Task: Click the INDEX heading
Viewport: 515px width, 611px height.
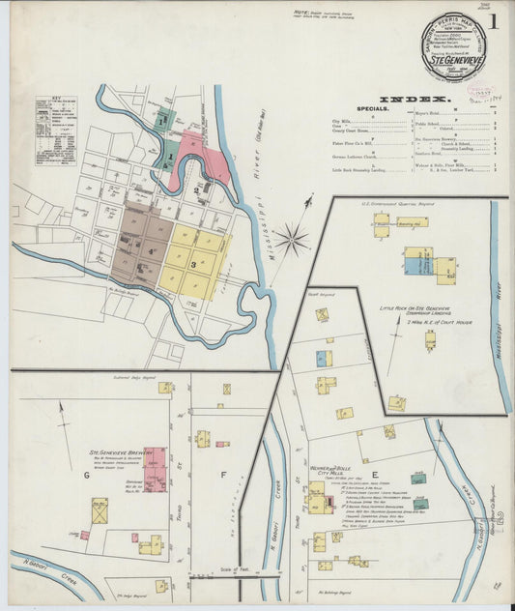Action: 415,100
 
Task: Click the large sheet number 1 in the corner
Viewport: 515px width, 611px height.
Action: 493,21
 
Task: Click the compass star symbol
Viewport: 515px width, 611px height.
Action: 293,237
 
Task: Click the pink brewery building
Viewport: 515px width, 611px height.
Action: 155,469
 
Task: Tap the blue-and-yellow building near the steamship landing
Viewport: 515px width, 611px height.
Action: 417,260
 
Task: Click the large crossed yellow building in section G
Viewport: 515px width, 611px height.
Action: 100,510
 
